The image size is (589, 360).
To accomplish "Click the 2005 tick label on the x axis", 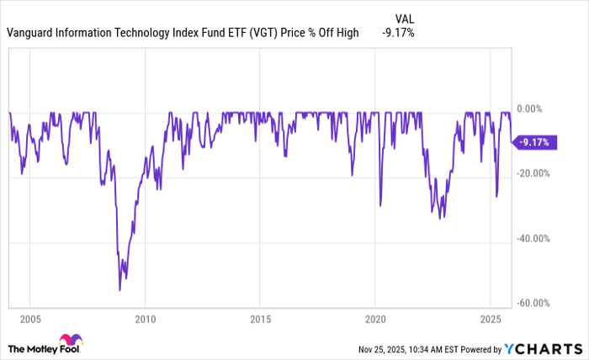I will coord(29,320).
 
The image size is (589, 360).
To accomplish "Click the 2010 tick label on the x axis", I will coord(144,320).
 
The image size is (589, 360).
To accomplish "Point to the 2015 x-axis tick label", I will coord(259,320).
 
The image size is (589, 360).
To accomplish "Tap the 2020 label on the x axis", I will coord(375,320).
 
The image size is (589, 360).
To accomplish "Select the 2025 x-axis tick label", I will coord(491,320).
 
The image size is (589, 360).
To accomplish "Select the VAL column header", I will coord(404,18).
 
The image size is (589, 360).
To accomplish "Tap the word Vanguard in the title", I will coord(30,34).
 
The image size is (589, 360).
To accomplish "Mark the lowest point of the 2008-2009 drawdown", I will coord(119,290).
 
